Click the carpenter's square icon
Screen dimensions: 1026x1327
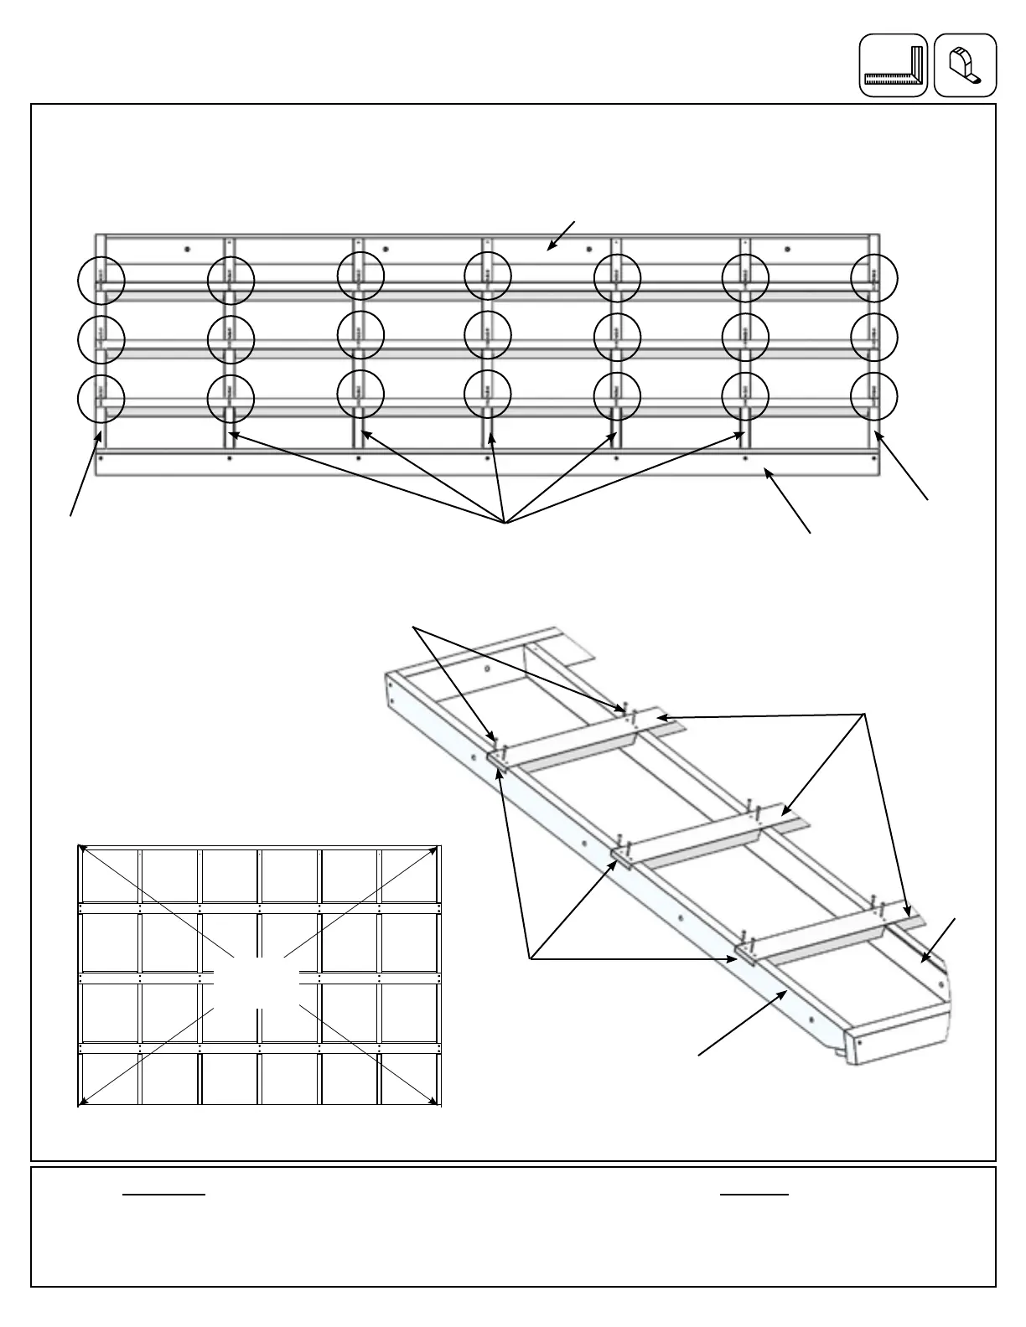[894, 65]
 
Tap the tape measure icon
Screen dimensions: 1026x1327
[965, 65]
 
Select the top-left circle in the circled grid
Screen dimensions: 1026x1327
[101, 279]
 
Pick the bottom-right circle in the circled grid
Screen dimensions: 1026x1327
[873, 396]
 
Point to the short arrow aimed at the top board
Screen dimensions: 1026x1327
[560, 236]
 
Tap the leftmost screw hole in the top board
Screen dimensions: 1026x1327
[187, 249]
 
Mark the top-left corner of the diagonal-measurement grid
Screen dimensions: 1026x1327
[80, 847]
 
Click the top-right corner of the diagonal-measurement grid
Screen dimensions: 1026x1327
[438, 847]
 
